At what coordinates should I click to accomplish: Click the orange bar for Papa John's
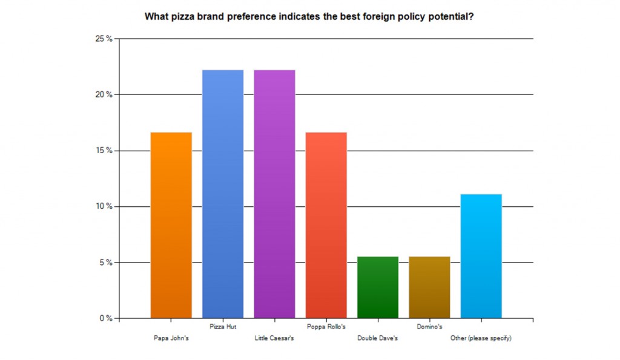pos(171,225)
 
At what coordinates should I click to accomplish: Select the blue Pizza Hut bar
pos(223,194)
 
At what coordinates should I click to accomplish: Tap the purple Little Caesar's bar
pos(274,194)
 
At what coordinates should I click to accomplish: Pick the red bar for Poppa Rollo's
pos(326,225)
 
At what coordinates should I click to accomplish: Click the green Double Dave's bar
pos(378,287)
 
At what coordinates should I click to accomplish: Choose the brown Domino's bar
pos(430,287)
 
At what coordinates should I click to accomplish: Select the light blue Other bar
pos(481,256)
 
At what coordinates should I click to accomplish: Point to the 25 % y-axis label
pos(104,39)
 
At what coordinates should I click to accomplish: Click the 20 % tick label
pos(104,94)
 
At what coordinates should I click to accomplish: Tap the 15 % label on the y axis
pos(104,151)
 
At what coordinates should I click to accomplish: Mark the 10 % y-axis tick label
pos(104,206)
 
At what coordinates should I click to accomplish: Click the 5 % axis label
pos(105,263)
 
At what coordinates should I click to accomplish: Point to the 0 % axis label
pos(105,318)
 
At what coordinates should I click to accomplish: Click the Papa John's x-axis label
pos(171,338)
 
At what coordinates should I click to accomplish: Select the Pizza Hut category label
pos(223,327)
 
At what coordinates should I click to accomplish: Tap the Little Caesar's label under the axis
pos(274,338)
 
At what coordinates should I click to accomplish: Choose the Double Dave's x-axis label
pos(378,338)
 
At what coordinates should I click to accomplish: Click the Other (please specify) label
pos(481,338)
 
